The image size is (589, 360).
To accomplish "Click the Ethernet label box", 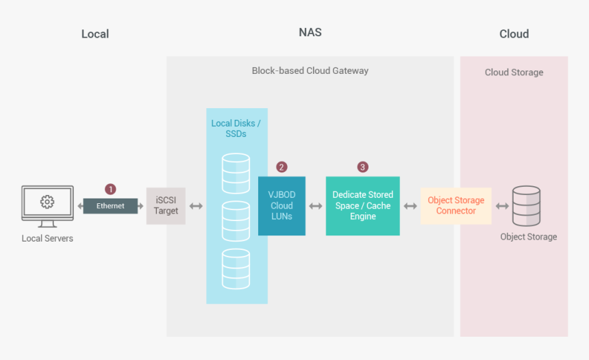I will [110, 206].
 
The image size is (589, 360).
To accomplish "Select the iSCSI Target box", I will [166, 206].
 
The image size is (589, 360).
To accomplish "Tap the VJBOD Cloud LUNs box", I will [281, 206].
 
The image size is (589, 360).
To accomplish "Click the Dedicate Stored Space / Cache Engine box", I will [362, 206].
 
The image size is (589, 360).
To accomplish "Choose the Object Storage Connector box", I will [456, 206].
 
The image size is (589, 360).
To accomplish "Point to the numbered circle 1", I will [110, 189].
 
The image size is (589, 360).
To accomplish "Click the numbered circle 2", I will [281, 167].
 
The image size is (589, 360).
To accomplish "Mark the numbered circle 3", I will [363, 167].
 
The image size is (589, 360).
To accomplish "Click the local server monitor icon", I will [47, 206].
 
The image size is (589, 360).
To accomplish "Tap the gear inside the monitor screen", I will [47, 202].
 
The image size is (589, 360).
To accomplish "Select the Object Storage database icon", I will [527, 206].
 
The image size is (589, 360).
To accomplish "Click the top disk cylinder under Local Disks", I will [236, 173].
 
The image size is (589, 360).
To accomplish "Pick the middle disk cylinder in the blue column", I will [236, 220].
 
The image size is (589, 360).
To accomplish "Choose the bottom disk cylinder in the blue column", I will [236, 268].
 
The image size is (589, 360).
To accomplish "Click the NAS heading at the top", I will [310, 32].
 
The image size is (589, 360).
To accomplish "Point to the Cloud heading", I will [514, 34].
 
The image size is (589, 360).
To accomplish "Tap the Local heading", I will [95, 34].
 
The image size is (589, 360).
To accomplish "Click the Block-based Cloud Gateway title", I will [310, 70].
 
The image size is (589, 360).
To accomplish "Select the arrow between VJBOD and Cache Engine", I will [316, 206].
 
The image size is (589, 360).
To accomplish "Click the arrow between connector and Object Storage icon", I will [502, 206].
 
